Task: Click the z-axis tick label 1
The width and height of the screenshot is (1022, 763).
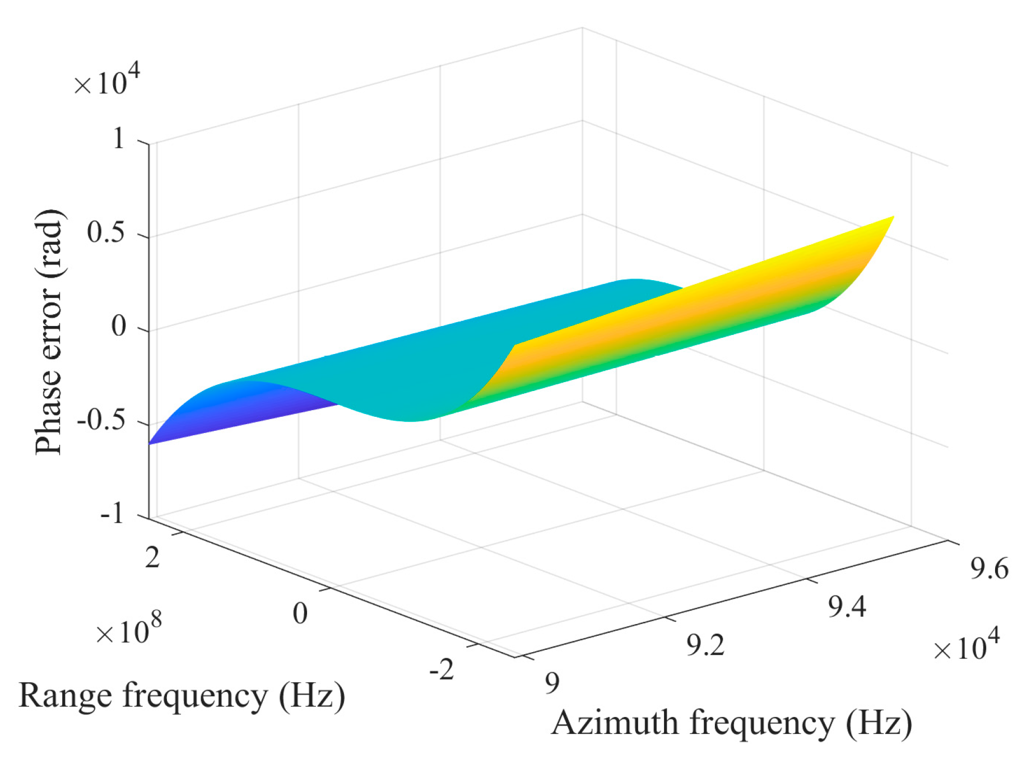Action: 119,138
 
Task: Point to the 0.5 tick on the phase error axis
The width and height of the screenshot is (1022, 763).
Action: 106,232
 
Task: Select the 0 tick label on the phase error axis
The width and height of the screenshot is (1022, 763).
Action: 119,325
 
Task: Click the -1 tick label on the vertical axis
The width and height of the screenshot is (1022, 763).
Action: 112,513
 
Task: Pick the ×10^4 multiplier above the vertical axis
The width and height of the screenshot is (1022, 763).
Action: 106,82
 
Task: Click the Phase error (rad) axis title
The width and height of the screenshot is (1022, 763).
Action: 49,332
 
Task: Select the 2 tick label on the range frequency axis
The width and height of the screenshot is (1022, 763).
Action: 152,558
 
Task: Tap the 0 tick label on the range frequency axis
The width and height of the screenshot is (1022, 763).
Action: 300,613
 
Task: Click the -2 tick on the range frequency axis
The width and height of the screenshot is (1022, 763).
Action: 442,669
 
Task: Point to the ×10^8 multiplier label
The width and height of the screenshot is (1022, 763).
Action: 128,630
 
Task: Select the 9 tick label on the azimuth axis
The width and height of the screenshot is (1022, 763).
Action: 552,683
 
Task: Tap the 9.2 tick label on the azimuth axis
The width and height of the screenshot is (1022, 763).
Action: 705,645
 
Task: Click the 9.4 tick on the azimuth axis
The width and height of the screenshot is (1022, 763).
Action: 847,607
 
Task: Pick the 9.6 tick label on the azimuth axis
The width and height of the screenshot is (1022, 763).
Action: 990,569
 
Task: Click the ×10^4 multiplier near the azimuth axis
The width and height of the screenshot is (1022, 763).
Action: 966,645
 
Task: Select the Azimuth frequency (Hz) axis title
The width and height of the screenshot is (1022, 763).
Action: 732,724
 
